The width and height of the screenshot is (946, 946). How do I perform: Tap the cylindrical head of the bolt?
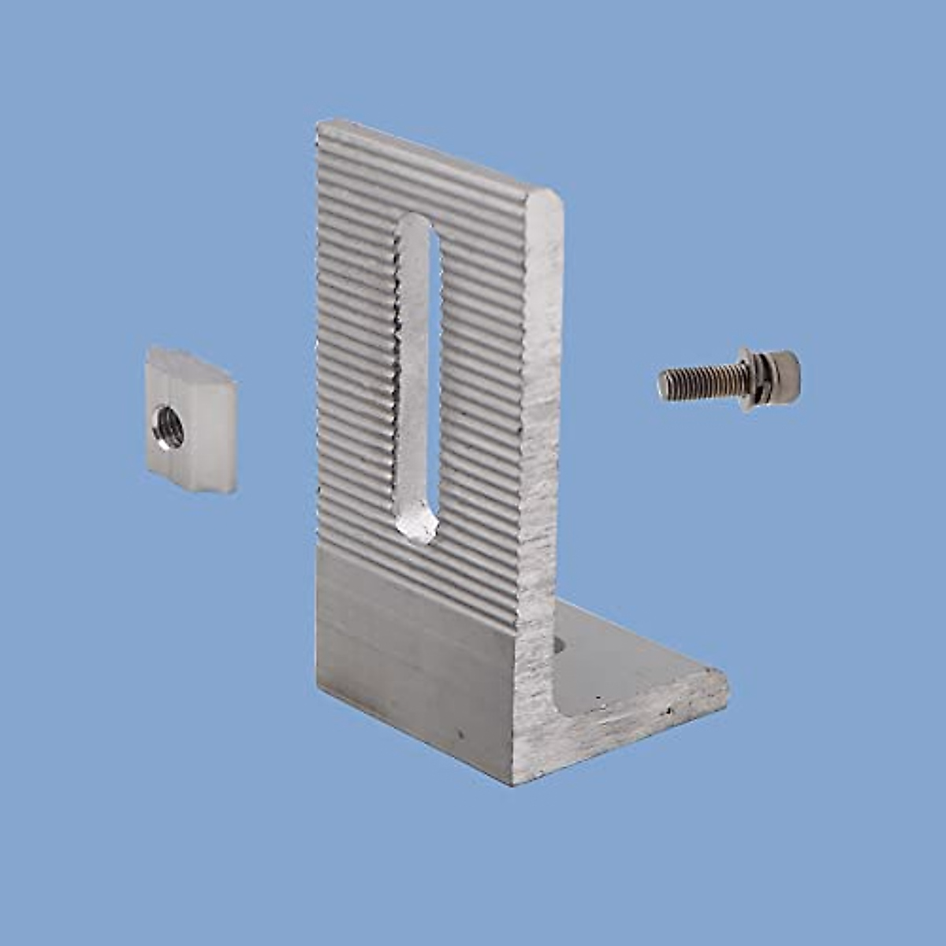pyautogui.click(x=780, y=372)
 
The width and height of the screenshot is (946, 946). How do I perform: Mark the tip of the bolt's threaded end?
pyautogui.click(x=662, y=385)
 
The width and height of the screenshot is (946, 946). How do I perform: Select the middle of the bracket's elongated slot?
pyautogui.click(x=416, y=378)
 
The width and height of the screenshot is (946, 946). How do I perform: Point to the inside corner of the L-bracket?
pyautogui.click(x=556, y=678)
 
